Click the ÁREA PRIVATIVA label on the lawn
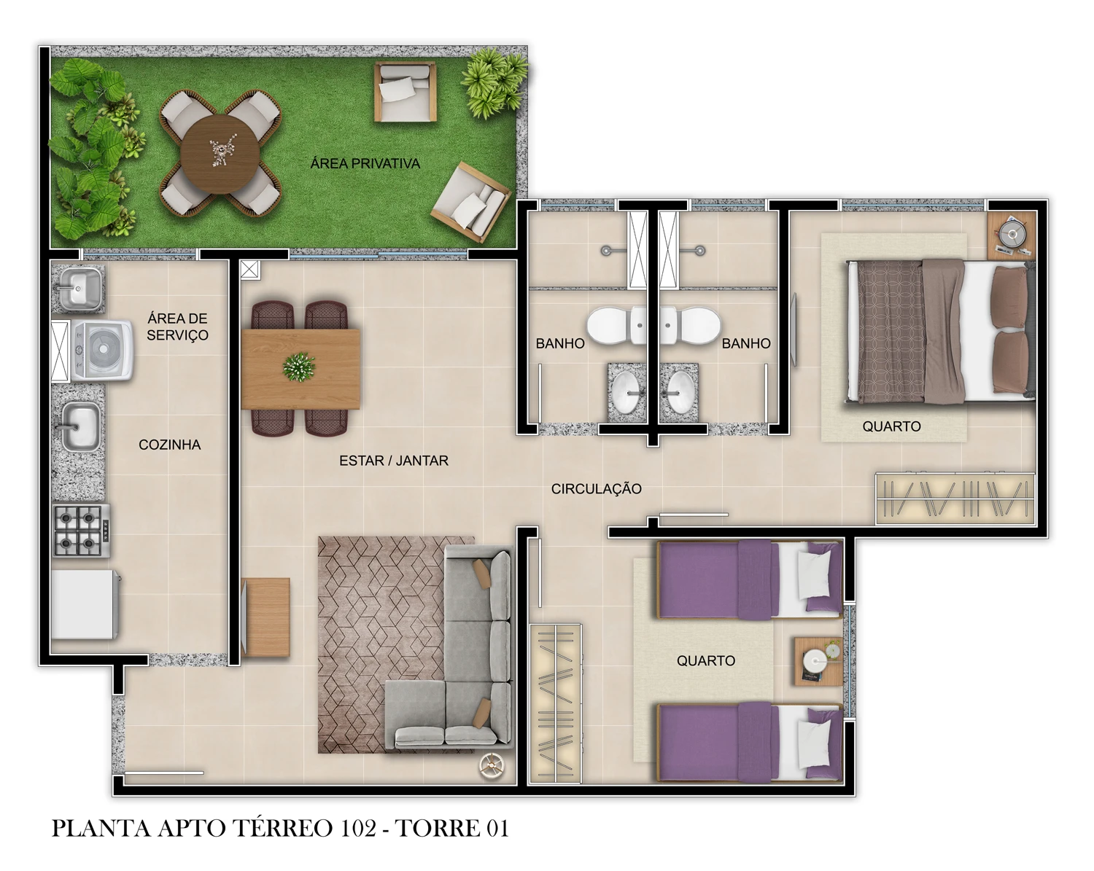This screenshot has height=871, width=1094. pos(365,163)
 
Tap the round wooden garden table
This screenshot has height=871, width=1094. pos(219,152)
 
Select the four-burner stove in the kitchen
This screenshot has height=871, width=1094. pos(80,530)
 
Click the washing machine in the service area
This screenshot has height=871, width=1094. pos(103,351)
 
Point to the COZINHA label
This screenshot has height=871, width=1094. pos(169,445)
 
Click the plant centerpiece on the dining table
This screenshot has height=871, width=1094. pos(298,366)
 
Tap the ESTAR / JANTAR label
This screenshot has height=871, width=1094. pos(393,461)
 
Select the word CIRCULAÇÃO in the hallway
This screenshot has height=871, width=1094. pos(596,489)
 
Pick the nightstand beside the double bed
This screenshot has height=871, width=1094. pos(1012,234)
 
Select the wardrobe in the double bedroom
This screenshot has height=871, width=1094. pos(955,499)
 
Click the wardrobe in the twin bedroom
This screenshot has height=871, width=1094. pos(556,703)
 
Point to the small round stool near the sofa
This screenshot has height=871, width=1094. pos(492,765)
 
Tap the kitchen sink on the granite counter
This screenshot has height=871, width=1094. pos(80,427)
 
